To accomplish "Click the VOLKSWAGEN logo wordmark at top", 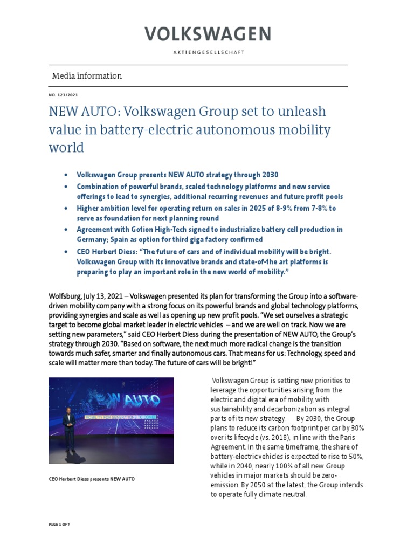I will coord(207,35).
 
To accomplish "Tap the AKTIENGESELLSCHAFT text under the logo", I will coord(207,52).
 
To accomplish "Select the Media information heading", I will coord(87,76).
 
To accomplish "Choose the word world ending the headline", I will coord(66,148).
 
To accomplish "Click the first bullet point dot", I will coord(66,176).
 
